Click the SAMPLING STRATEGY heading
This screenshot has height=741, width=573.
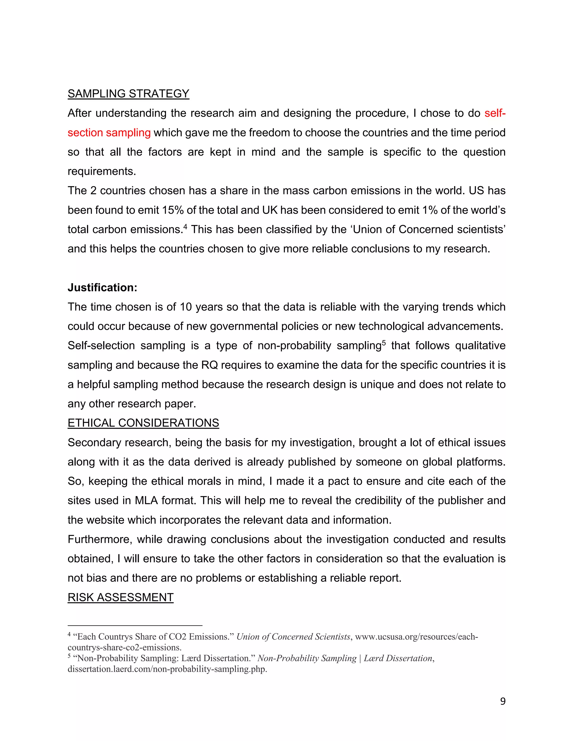click(128, 94)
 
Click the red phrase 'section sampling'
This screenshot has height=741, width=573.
click(109, 133)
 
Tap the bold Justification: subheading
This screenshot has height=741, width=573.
click(102, 287)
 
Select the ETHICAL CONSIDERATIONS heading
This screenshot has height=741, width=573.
click(143, 423)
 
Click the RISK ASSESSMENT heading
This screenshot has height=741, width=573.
click(121, 598)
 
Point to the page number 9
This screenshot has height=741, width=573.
click(503, 701)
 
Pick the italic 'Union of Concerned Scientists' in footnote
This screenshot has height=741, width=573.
click(293, 637)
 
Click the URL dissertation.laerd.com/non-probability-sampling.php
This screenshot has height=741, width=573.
click(167, 669)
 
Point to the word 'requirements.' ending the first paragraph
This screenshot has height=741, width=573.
click(102, 171)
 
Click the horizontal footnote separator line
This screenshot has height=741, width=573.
click(135, 625)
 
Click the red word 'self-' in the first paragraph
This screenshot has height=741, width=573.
click(495, 113)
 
